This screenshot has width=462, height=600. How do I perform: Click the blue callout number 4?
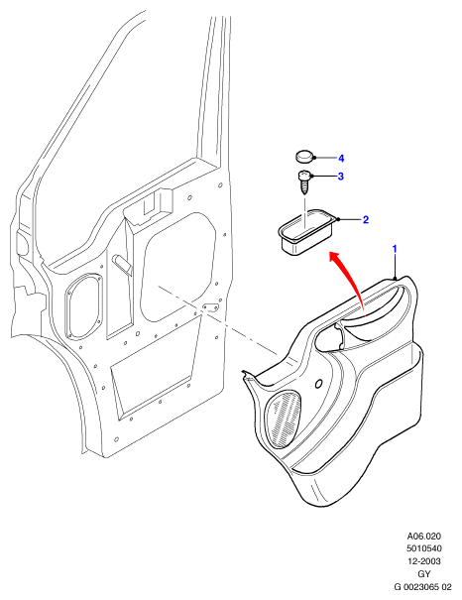[x=341, y=158]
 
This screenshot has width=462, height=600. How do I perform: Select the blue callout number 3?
[x=340, y=176]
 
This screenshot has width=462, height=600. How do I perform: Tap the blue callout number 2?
[x=366, y=219]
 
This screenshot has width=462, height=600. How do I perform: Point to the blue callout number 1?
[x=395, y=249]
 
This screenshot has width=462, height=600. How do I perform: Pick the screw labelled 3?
[x=304, y=182]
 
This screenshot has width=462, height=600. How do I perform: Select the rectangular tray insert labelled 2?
[x=306, y=232]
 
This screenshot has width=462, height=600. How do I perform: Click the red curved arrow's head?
[x=335, y=257]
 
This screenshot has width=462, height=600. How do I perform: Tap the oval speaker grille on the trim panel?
[x=283, y=420]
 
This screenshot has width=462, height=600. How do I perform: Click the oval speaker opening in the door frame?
[x=84, y=306]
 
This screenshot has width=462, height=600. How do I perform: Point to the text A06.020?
[x=423, y=537]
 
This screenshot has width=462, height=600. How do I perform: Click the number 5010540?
[x=423, y=548]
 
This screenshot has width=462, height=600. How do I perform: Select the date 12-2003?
[x=423, y=561]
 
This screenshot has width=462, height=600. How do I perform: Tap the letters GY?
[x=424, y=574]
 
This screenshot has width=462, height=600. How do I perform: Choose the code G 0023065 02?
[x=423, y=586]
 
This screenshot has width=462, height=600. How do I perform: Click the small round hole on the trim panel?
[x=318, y=384]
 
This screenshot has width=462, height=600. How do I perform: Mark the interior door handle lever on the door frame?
[x=122, y=264]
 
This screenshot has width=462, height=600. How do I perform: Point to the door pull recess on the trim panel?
[x=331, y=337]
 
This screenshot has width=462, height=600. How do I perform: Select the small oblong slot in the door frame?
[x=211, y=306]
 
